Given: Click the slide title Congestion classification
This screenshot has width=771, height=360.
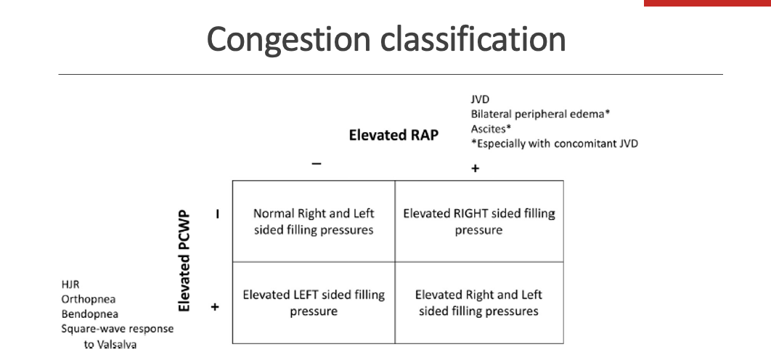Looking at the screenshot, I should [x=386, y=39].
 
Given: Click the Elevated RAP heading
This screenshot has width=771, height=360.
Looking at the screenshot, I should [x=393, y=135].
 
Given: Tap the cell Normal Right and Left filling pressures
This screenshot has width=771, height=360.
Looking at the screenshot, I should [x=314, y=221].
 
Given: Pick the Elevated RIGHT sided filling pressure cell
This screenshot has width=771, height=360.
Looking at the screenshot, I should [x=479, y=221].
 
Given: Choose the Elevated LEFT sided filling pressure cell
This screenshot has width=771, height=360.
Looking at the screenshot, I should [x=314, y=303].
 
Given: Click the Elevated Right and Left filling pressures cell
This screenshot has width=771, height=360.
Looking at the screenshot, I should [x=479, y=303].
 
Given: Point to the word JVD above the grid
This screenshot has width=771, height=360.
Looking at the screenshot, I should [x=480, y=99].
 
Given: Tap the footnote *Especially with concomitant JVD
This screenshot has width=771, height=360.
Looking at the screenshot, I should [x=555, y=143].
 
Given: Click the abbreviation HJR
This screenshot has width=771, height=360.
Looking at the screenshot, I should [x=70, y=285].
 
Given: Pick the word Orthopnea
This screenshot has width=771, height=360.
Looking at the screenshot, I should [x=89, y=299].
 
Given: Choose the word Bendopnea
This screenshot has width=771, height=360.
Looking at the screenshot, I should [x=90, y=314].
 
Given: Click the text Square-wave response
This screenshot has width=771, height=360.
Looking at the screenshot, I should [x=117, y=329].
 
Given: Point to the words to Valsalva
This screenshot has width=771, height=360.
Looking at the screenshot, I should [x=110, y=344].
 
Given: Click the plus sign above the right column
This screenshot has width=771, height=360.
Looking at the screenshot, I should [x=476, y=168].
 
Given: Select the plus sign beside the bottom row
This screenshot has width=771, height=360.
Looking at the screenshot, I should [x=215, y=307].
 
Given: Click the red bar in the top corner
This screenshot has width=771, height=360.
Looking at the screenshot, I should [x=707, y=3].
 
